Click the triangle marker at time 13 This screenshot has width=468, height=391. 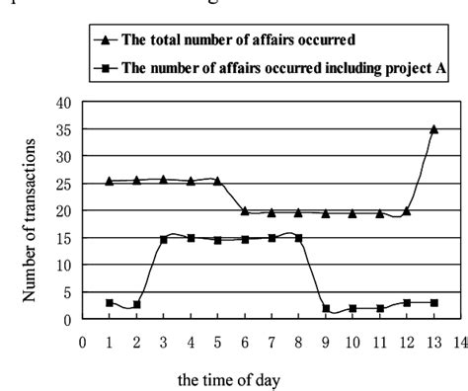tap(433, 129)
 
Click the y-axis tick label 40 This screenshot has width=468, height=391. tap(65, 103)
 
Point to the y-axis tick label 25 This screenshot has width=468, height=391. tap(65, 184)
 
